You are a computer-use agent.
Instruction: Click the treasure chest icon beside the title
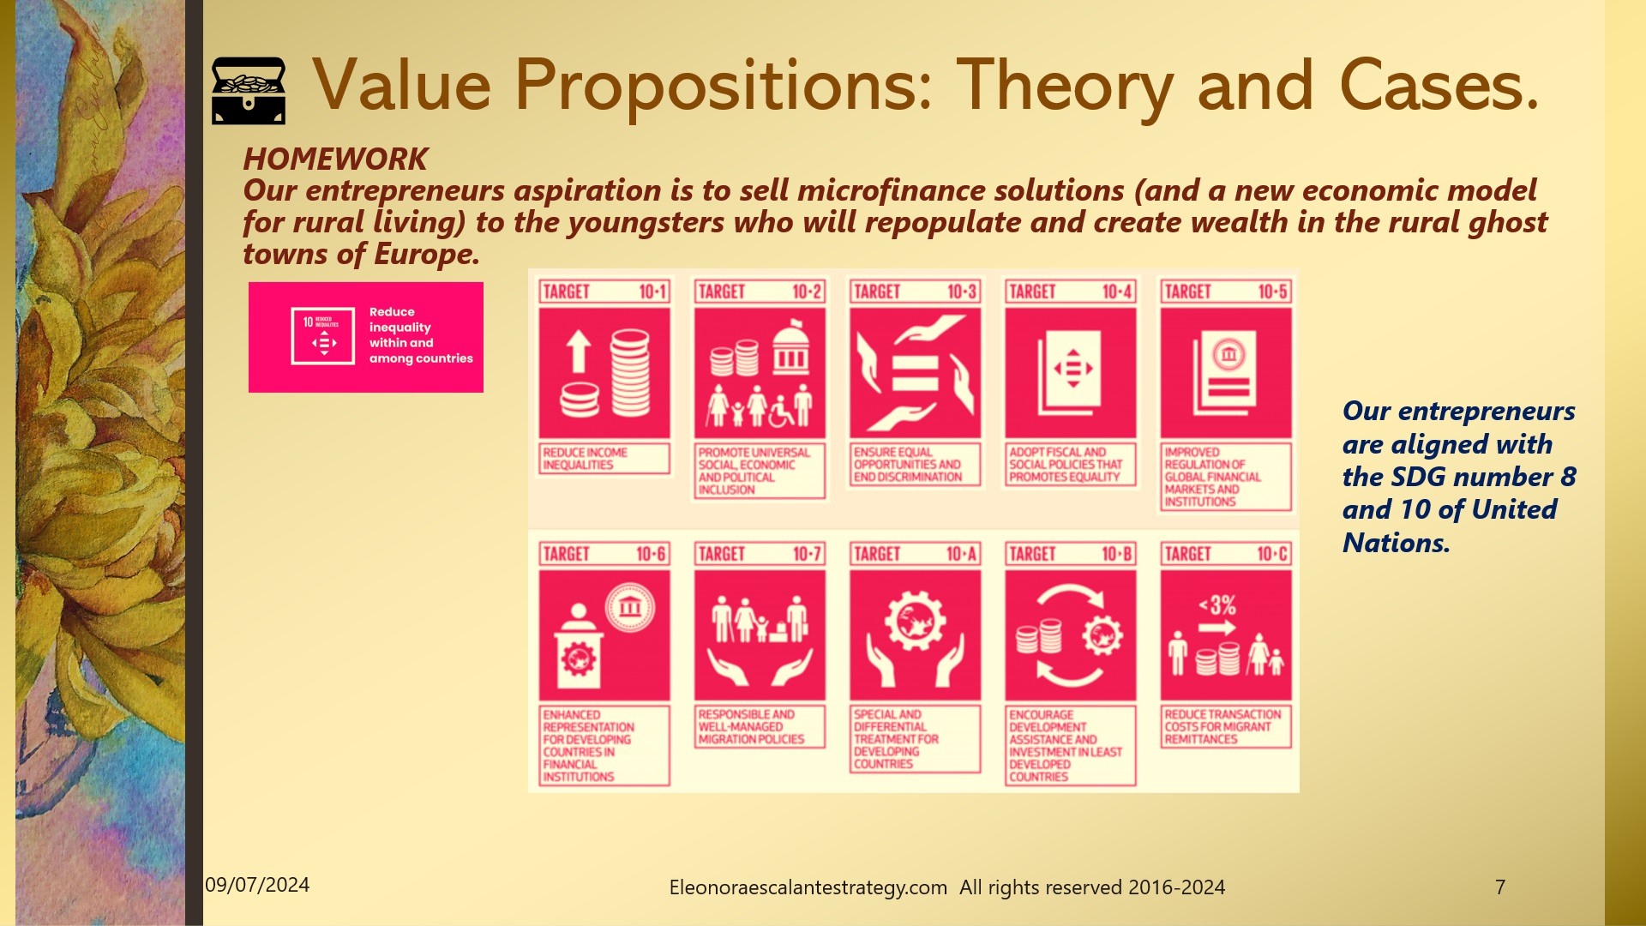coord(248,90)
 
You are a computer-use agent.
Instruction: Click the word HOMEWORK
coord(335,159)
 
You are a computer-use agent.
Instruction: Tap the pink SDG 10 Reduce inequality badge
coord(366,337)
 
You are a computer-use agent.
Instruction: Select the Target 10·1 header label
coord(604,292)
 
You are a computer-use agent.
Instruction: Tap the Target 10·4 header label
coord(1071,292)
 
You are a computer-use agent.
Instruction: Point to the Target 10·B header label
coord(1071,554)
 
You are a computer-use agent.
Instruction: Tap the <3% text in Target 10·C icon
coord(1217,605)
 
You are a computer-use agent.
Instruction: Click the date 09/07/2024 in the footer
coord(257,885)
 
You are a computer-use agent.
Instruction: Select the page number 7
coord(1500,887)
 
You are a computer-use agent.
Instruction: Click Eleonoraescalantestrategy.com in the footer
coord(808,887)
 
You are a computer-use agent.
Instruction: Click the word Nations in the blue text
coord(1394,543)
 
